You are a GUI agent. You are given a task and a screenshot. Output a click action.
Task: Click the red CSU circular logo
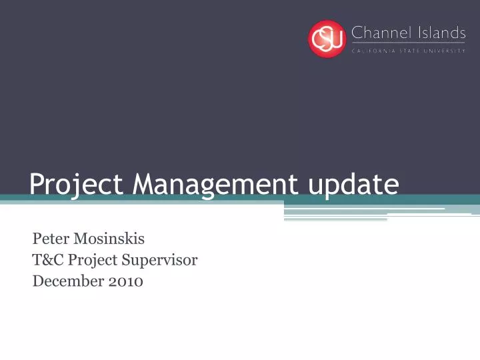pos(327,39)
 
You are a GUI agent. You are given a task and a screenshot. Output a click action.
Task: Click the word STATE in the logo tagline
pos(415,51)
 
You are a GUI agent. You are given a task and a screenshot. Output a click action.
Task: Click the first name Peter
pos(49,239)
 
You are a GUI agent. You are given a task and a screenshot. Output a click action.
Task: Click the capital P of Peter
pos(37,239)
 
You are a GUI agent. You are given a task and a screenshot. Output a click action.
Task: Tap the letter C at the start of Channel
pos(357,32)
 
